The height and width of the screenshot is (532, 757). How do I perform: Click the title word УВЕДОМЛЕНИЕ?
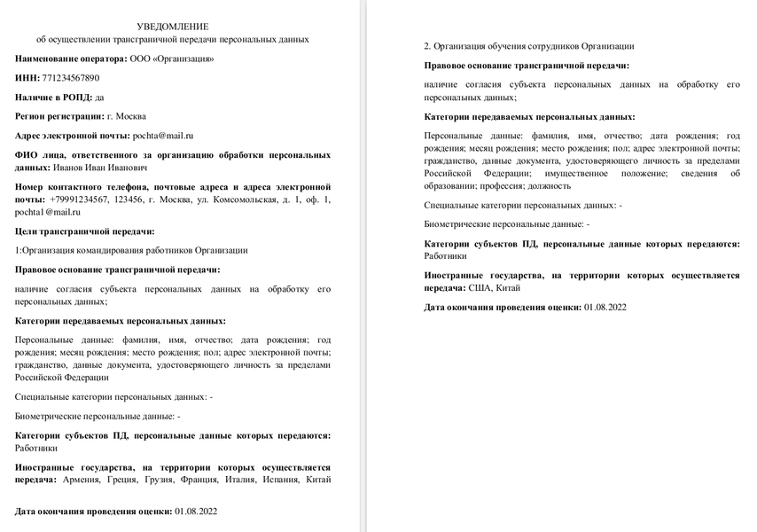(x=173, y=27)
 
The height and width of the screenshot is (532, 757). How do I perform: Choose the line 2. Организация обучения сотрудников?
(x=528, y=46)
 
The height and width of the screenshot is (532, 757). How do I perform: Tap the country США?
(x=480, y=287)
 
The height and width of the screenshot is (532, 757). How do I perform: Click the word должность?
(x=550, y=186)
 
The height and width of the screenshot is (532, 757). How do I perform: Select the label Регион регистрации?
(x=59, y=116)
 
